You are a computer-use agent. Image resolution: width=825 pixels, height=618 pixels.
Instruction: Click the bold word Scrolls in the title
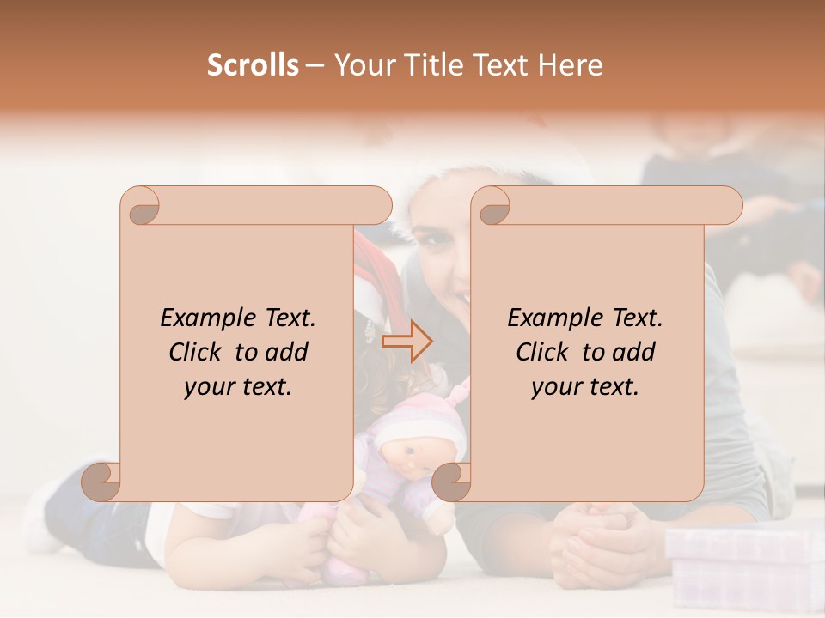click(253, 65)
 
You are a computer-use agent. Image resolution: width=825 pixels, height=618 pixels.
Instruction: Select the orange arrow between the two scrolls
click(407, 342)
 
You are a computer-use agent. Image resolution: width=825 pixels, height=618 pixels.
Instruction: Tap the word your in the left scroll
click(206, 387)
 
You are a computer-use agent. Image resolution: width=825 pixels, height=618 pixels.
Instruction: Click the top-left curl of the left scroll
click(140, 206)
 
